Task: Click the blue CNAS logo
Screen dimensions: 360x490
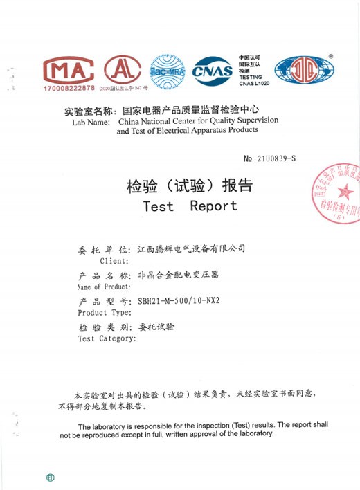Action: pos(212,71)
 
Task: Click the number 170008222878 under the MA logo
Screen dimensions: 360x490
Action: pos(69,89)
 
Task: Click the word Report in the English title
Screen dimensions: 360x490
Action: pos(214,206)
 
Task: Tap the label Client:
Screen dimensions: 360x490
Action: pos(114,261)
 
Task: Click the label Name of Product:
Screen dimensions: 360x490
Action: pos(104,287)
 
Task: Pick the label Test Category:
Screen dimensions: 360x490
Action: pos(107,339)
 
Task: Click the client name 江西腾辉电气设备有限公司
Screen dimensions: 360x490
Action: pos(192,248)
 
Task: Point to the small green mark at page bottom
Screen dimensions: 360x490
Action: pos(50,478)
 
